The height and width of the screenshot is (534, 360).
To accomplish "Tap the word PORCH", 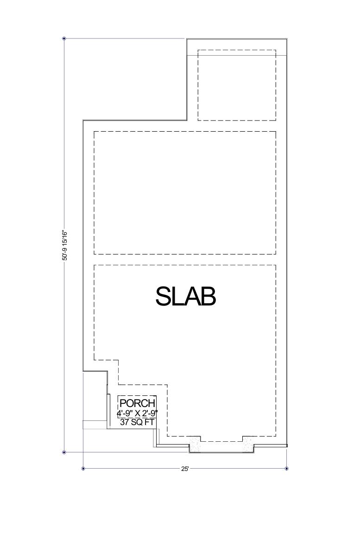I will click(x=137, y=404).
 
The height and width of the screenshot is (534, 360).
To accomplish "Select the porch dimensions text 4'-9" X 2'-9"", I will click(x=137, y=413).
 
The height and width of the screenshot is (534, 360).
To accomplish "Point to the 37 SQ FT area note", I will click(x=137, y=422).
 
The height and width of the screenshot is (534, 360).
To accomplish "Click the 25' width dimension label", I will click(x=185, y=469).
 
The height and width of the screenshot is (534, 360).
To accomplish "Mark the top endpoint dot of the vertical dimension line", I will click(x=64, y=38).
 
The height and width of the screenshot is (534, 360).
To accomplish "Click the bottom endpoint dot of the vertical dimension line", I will click(x=64, y=452).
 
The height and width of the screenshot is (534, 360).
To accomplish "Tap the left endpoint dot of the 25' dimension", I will click(x=83, y=469).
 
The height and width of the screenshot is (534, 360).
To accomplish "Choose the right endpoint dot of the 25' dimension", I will click(x=287, y=469).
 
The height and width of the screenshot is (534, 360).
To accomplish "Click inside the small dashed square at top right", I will click(x=236, y=85).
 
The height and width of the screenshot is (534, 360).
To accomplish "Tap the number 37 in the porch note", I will click(x=124, y=422).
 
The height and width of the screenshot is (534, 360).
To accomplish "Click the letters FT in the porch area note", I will click(x=149, y=422).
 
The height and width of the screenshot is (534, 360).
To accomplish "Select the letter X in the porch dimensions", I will click(x=138, y=413).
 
